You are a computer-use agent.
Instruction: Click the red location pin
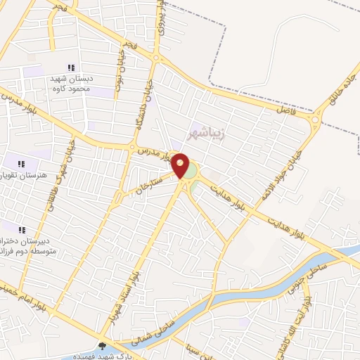pyautogui.click(x=181, y=165)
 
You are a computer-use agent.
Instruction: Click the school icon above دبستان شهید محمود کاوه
pyautogui.click(x=70, y=68)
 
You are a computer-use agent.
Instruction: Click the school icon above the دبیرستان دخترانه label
pyautogui.click(x=21, y=230)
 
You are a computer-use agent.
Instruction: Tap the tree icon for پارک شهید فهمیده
pyautogui.click(x=103, y=346)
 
